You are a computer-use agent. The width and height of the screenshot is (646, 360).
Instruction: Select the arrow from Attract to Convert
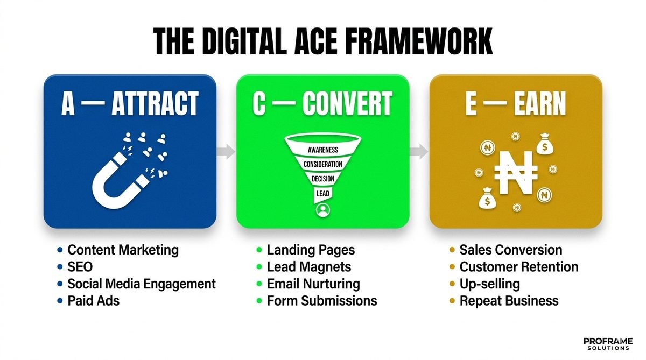point(227,151)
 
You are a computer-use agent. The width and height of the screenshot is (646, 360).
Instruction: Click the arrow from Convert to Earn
point(419,151)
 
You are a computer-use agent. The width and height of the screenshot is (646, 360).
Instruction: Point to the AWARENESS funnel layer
point(323,149)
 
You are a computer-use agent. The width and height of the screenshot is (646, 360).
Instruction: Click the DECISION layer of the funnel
point(323,178)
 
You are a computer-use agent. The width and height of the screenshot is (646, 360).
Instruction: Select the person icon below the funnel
point(323,210)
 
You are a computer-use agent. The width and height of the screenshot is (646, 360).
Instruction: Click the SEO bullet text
point(80,267)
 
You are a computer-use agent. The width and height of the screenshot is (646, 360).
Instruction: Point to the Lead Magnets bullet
point(308,267)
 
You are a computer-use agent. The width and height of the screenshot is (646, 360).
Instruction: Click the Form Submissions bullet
point(321,300)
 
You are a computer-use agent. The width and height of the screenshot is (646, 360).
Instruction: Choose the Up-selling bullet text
point(489,284)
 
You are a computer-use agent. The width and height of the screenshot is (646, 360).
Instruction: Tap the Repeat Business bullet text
point(509,300)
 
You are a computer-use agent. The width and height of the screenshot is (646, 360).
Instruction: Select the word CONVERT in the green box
point(347,104)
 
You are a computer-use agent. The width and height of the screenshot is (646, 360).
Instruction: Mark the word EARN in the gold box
point(538,104)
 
